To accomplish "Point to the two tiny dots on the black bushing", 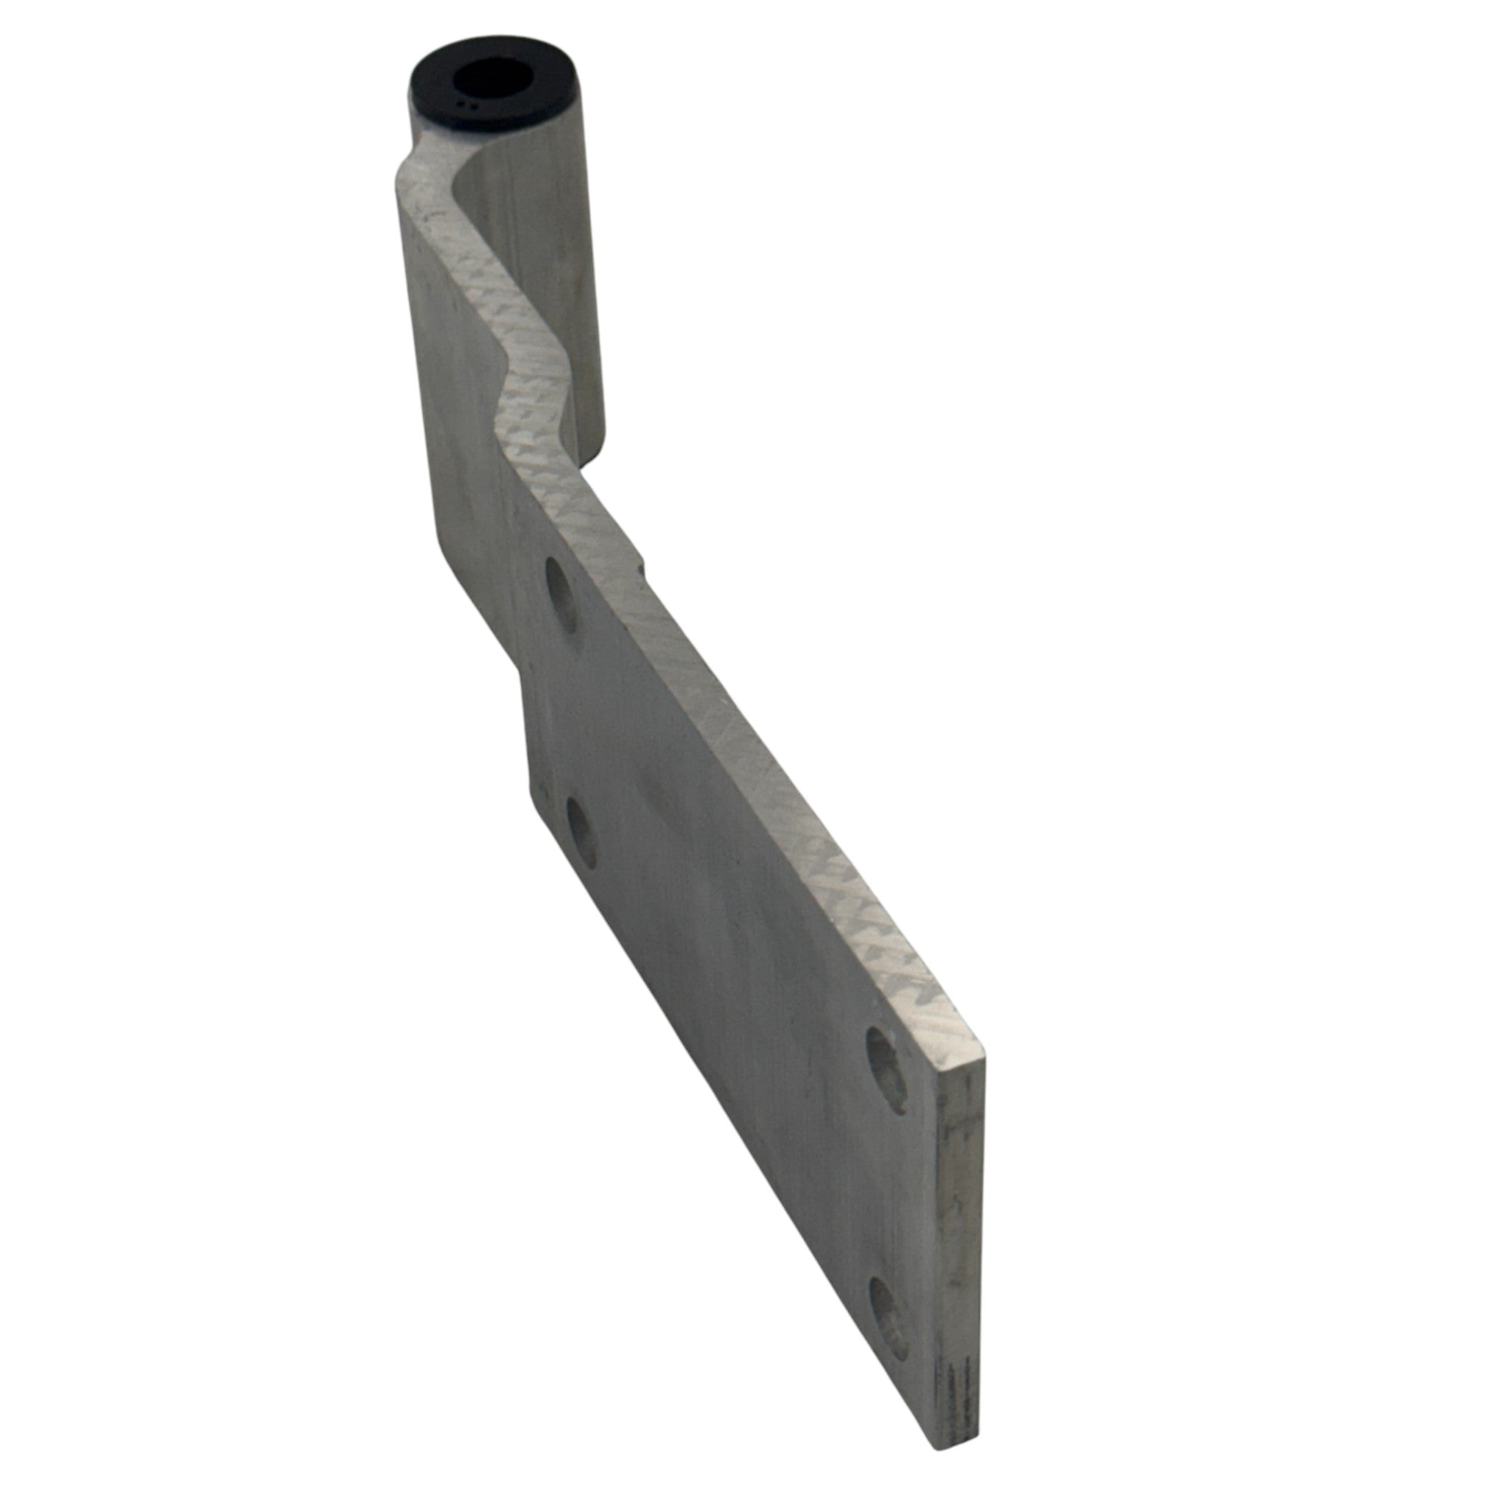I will pos(467,103).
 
